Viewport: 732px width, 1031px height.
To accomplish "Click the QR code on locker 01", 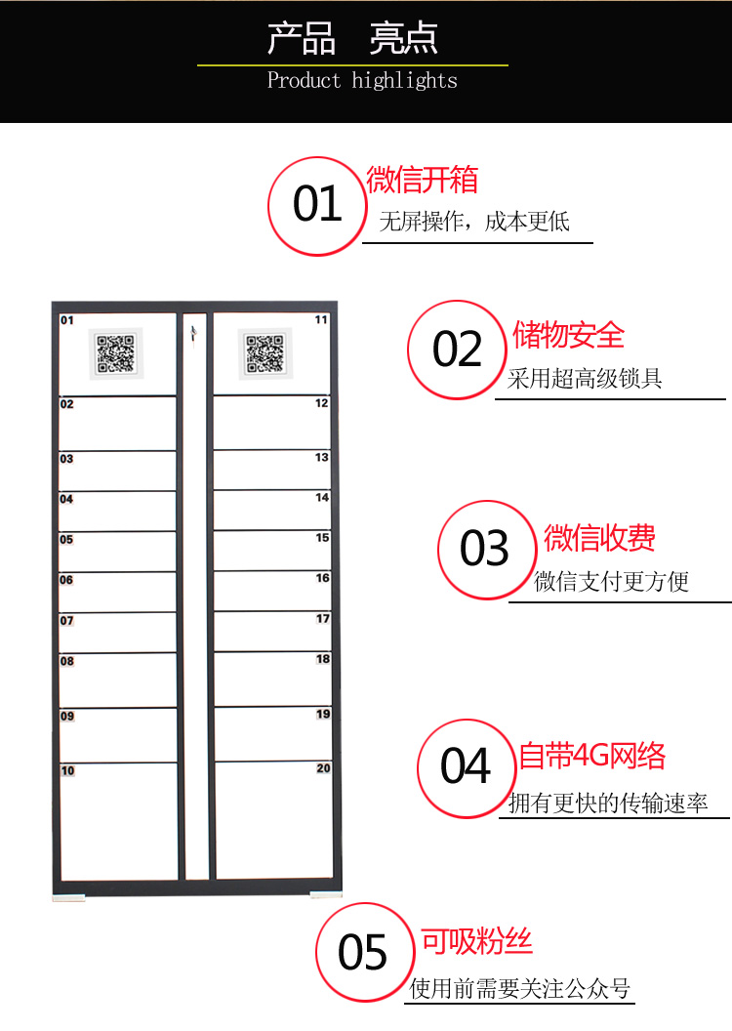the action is pyautogui.click(x=115, y=353).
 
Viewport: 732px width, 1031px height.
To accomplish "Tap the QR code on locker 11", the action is pyautogui.click(x=264, y=353).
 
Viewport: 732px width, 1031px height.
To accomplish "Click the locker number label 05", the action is pyautogui.click(x=66, y=540).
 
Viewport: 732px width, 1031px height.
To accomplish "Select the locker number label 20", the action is pyautogui.click(x=323, y=768).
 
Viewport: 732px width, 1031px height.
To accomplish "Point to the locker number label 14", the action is pyautogui.click(x=322, y=497).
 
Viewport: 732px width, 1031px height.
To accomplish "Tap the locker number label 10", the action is pyautogui.click(x=67, y=770).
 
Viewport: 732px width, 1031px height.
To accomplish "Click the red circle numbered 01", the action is pyautogui.click(x=317, y=206).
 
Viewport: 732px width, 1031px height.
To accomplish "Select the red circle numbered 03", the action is pyautogui.click(x=487, y=550).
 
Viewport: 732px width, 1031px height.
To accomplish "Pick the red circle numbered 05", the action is pyautogui.click(x=365, y=952).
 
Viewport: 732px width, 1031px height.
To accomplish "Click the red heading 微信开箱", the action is pyautogui.click(x=422, y=181).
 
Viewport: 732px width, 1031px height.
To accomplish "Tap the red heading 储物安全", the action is pyautogui.click(x=568, y=335).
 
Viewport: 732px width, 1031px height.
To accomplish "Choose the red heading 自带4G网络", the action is pyautogui.click(x=592, y=756).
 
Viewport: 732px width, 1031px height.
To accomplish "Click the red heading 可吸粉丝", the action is pyautogui.click(x=476, y=941).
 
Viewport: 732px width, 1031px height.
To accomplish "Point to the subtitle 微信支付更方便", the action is pyautogui.click(x=611, y=581).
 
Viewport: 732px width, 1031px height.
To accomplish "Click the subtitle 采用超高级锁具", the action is pyautogui.click(x=585, y=378).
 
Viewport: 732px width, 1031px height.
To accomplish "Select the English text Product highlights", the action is pyautogui.click(x=362, y=80).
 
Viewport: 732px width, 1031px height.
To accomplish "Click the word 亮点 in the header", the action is pyautogui.click(x=403, y=38).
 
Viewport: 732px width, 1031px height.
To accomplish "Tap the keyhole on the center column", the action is pyautogui.click(x=194, y=333).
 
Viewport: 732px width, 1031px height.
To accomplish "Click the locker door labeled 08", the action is pyautogui.click(x=118, y=680).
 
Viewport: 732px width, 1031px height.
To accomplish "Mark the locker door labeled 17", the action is pyautogui.click(x=272, y=632).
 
